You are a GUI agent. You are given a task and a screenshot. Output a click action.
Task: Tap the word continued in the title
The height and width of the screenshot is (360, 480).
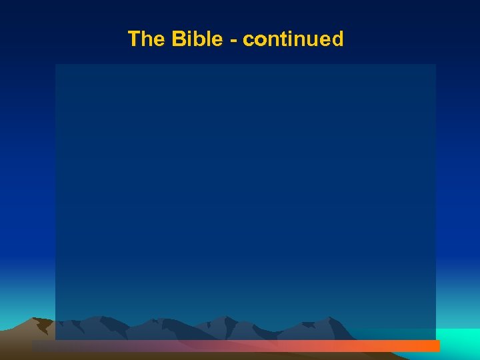[293, 39]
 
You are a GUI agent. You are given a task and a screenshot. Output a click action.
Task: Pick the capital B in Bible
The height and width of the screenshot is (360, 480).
[179, 39]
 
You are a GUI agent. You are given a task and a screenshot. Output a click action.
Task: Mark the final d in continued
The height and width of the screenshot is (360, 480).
[337, 39]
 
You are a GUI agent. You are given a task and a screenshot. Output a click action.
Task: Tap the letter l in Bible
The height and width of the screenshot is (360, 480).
[210, 39]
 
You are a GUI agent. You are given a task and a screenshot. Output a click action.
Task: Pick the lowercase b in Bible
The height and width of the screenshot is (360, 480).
[201, 39]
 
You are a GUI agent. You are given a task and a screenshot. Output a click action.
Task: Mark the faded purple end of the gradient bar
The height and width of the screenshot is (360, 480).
[47, 346]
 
